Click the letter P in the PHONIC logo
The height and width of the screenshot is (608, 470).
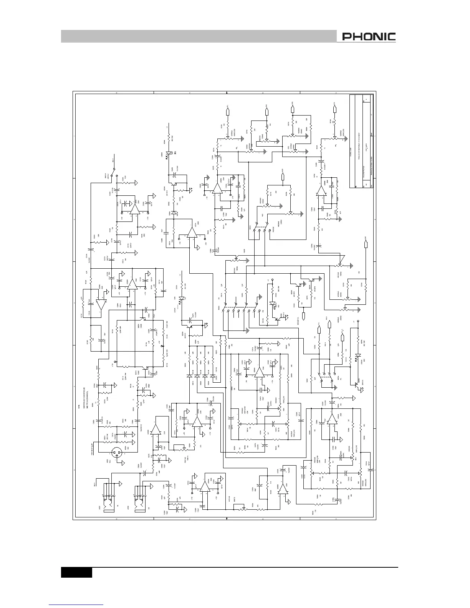(346, 37)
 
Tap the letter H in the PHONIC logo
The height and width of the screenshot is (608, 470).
(356, 37)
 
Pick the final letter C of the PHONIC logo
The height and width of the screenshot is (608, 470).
(392, 37)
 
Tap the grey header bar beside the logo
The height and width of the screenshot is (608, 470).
(198, 37)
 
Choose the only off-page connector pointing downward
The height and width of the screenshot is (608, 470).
(304, 317)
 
